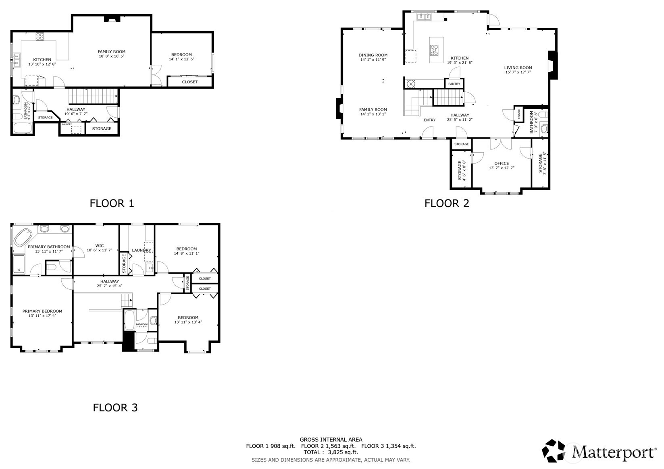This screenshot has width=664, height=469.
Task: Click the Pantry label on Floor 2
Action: click(454, 84)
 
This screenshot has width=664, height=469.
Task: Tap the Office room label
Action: click(502, 163)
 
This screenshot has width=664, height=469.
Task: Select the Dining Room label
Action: click(373, 55)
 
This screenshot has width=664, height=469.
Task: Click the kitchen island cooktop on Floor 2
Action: click(435, 50)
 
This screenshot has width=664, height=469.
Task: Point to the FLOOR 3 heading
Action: click(115, 408)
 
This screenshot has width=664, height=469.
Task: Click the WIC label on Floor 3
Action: click(100, 246)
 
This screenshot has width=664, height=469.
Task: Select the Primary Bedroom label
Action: click(42, 311)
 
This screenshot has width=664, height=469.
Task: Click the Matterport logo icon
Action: click(554, 451)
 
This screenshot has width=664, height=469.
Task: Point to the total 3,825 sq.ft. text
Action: click(331, 452)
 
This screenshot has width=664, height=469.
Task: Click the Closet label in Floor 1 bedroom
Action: click(190, 82)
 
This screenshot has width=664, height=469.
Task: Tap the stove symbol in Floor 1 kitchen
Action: click(40, 36)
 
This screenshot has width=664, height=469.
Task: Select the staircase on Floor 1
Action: click(93, 97)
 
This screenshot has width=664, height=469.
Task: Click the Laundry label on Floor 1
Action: click(67, 125)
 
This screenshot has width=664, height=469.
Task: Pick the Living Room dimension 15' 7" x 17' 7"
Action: click(518, 73)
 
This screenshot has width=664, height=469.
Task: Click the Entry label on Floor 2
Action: click(430, 120)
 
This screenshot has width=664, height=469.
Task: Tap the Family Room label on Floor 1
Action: click(111, 52)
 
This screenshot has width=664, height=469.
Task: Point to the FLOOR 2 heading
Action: click(447, 203)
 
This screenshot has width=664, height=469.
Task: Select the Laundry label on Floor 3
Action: click(141, 250)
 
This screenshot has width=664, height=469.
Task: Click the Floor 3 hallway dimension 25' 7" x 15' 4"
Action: click(110, 286)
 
